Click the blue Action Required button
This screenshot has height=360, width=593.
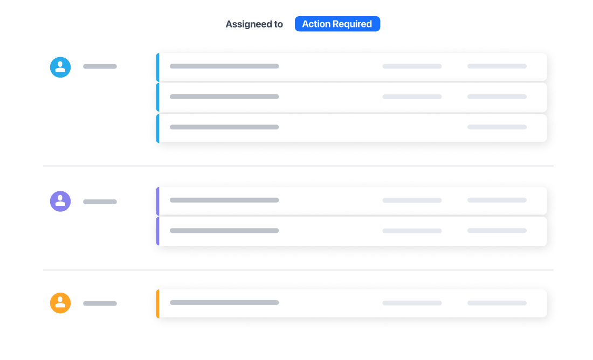click(x=337, y=24)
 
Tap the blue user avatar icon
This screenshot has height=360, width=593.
click(x=60, y=67)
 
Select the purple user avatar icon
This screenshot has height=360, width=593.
click(x=60, y=201)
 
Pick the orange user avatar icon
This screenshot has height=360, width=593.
click(x=60, y=303)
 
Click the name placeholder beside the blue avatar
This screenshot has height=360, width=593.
click(x=100, y=66)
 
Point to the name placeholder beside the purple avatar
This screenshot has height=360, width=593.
click(x=100, y=202)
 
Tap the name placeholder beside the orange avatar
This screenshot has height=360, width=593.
click(x=100, y=303)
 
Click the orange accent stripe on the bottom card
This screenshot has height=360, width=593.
click(x=158, y=303)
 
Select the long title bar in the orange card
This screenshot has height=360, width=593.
click(x=224, y=302)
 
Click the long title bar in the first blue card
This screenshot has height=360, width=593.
click(x=224, y=66)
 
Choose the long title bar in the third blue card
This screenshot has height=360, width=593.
click(x=224, y=127)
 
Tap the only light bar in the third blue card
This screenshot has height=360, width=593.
click(x=497, y=127)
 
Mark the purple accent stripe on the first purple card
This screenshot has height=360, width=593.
click(x=158, y=201)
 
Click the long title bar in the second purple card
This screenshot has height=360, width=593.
click(x=224, y=231)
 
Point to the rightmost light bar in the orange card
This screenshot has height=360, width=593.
click(x=497, y=303)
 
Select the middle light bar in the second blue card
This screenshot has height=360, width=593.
click(x=412, y=97)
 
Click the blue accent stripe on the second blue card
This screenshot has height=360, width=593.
click(x=158, y=97)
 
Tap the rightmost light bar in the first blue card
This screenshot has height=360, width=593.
click(x=497, y=66)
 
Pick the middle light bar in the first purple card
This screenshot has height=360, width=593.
click(x=412, y=200)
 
